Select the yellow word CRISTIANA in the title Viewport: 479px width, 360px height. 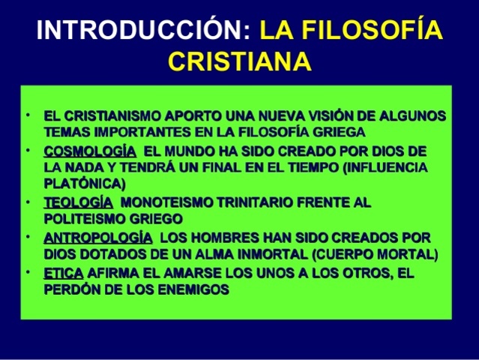(x=239, y=61)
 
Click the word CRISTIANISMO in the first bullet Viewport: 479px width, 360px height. (x=115, y=117)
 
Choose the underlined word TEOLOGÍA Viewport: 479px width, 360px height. (x=79, y=202)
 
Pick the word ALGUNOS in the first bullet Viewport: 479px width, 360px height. (x=412, y=117)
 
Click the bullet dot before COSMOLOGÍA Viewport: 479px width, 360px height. (x=26, y=150)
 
